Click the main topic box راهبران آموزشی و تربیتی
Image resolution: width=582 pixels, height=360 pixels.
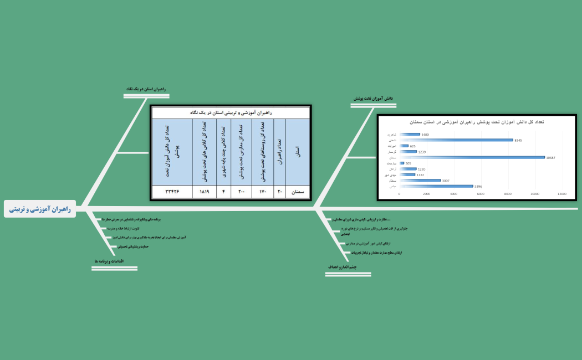[x=40, y=209]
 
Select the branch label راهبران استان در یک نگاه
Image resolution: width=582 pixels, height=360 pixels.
[x=146, y=89]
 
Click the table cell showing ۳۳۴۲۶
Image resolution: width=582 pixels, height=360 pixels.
[x=172, y=192]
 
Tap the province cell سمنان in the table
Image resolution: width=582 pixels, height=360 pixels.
[x=298, y=192]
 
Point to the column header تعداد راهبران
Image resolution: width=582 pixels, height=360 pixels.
[x=279, y=151]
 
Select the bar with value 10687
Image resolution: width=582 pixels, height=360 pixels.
[x=472, y=157]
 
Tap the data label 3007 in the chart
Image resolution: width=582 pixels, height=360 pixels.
[x=446, y=181]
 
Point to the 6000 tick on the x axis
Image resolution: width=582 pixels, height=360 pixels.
[x=481, y=194]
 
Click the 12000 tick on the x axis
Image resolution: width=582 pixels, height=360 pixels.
[x=561, y=194]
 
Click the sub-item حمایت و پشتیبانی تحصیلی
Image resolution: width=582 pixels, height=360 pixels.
[x=134, y=246]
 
